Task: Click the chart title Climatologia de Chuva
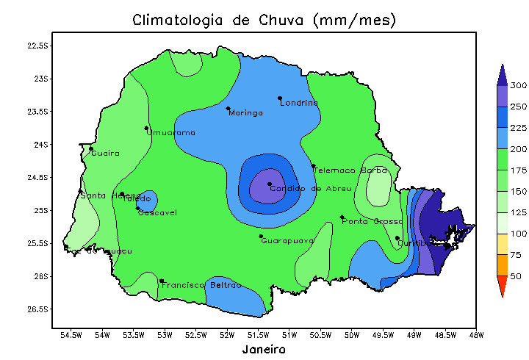[x=264, y=21]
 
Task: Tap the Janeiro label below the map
[x=264, y=350]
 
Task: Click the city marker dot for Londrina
[x=280, y=98]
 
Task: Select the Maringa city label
[x=245, y=113]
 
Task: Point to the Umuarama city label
[x=171, y=133]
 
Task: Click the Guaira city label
[x=106, y=154]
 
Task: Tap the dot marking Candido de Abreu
[x=270, y=184]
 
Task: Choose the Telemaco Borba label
[x=350, y=170]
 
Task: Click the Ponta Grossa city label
[x=373, y=222]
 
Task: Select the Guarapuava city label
[x=287, y=241]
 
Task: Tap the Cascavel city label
[x=157, y=213]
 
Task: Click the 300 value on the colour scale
[x=519, y=86]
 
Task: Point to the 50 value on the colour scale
[x=517, y=276]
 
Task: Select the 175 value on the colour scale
[x=519, y=170]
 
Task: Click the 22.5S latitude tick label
[x=37, y=46]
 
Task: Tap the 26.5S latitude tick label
[x=37, y=309]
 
